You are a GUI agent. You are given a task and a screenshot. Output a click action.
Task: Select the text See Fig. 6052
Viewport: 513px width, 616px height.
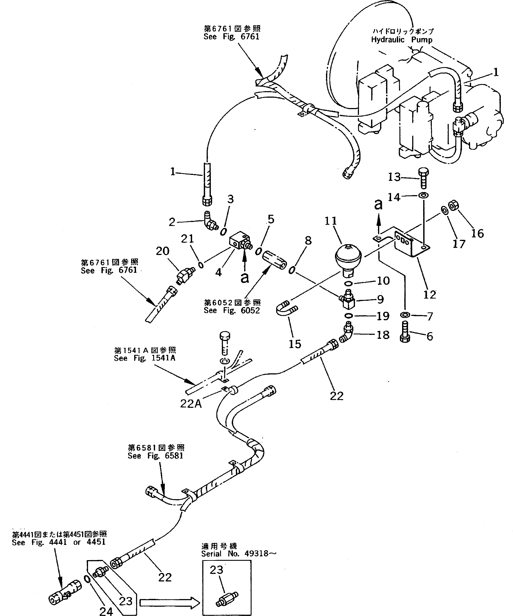pyautogui.click(x=232, y=310)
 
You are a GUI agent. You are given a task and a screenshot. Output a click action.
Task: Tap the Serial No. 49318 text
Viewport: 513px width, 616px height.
pyautogui.click(x=239, y=554)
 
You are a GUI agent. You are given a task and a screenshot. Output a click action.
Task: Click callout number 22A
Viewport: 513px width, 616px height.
pyautogui.click(x=191, y=404)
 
